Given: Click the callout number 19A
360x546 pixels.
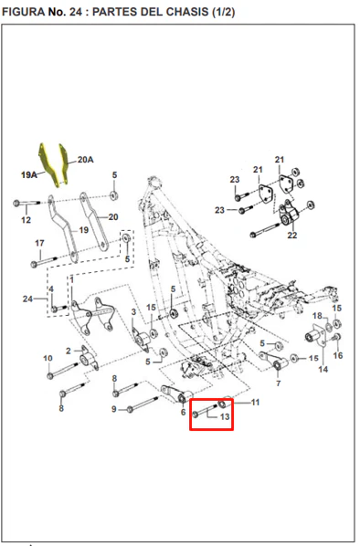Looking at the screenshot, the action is [x=29, y=174].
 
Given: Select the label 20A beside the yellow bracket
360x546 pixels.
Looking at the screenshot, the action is [x=85, y=160].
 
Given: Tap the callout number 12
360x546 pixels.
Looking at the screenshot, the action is [x=26, y=220].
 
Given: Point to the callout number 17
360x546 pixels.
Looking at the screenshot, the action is [x=39, y=243].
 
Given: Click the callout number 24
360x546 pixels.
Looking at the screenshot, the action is [x=28, y=299].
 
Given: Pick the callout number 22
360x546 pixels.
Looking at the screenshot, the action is [x=292, y=236].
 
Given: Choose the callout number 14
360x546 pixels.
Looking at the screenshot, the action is [x=323, y=369].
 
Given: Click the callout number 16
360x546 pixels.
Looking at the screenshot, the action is [x=338, y=355].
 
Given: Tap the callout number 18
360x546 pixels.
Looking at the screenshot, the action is [x=317, y=316].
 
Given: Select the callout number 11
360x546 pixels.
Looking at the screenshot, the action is [x=256, y=403].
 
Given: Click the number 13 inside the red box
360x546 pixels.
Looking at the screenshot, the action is [x=225, y=416].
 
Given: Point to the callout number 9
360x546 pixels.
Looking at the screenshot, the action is [x=114, y=409].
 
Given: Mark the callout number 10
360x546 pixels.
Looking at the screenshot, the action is [x=48, y=358].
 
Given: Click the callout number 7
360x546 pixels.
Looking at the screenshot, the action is [x=278, y=383].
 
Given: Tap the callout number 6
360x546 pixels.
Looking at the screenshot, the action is [x=183, y=413].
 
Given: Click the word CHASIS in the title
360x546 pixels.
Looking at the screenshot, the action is [x=187, y=12].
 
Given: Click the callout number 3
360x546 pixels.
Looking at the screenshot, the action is [x=133, y=312].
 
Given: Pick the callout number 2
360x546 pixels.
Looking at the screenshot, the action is [x=69, y=351].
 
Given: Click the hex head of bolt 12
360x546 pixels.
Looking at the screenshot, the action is [x=16, y=203].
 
